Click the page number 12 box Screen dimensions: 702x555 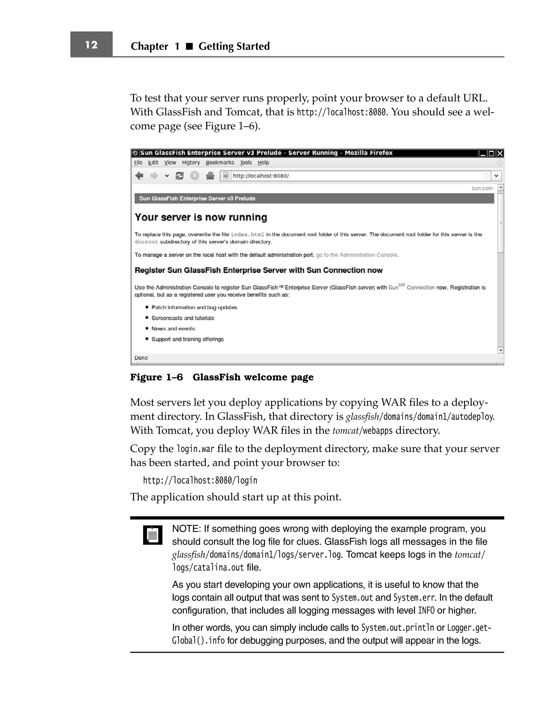pyautogui.click(x=91, y=44)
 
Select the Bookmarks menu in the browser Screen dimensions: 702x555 pyautogui.click(x=220, y=163)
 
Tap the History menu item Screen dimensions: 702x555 pyautogui.click(x=191, y=163)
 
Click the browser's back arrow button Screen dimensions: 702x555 pyautogui.click(x=139, y=176)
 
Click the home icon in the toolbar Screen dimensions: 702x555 pyautogui.click(x=210, y=176)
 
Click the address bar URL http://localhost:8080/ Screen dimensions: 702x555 pyautogui.click(x=261, y=176)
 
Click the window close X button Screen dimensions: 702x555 pyautogui.click(x=500, y=153)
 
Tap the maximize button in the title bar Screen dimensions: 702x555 pyautogui.click(x=492, y=153)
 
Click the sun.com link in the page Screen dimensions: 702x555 pyautogui.click(x=482, y=188)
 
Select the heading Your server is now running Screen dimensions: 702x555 pyautogui.click(x=201, y=217)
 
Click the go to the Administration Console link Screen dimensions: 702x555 pyautogui.click(x=356, y=255)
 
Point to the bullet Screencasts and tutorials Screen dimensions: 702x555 pyautogui.click(x=183, y=318)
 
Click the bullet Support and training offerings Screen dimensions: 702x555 pyautogui.click(x=187, y=339)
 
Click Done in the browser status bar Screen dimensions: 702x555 pyautogui.click(x=141, y=358)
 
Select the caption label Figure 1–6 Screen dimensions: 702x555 pyautogui.click(x=156, y=377)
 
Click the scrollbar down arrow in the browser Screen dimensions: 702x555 pyautogui.click(x=501, y=350)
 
